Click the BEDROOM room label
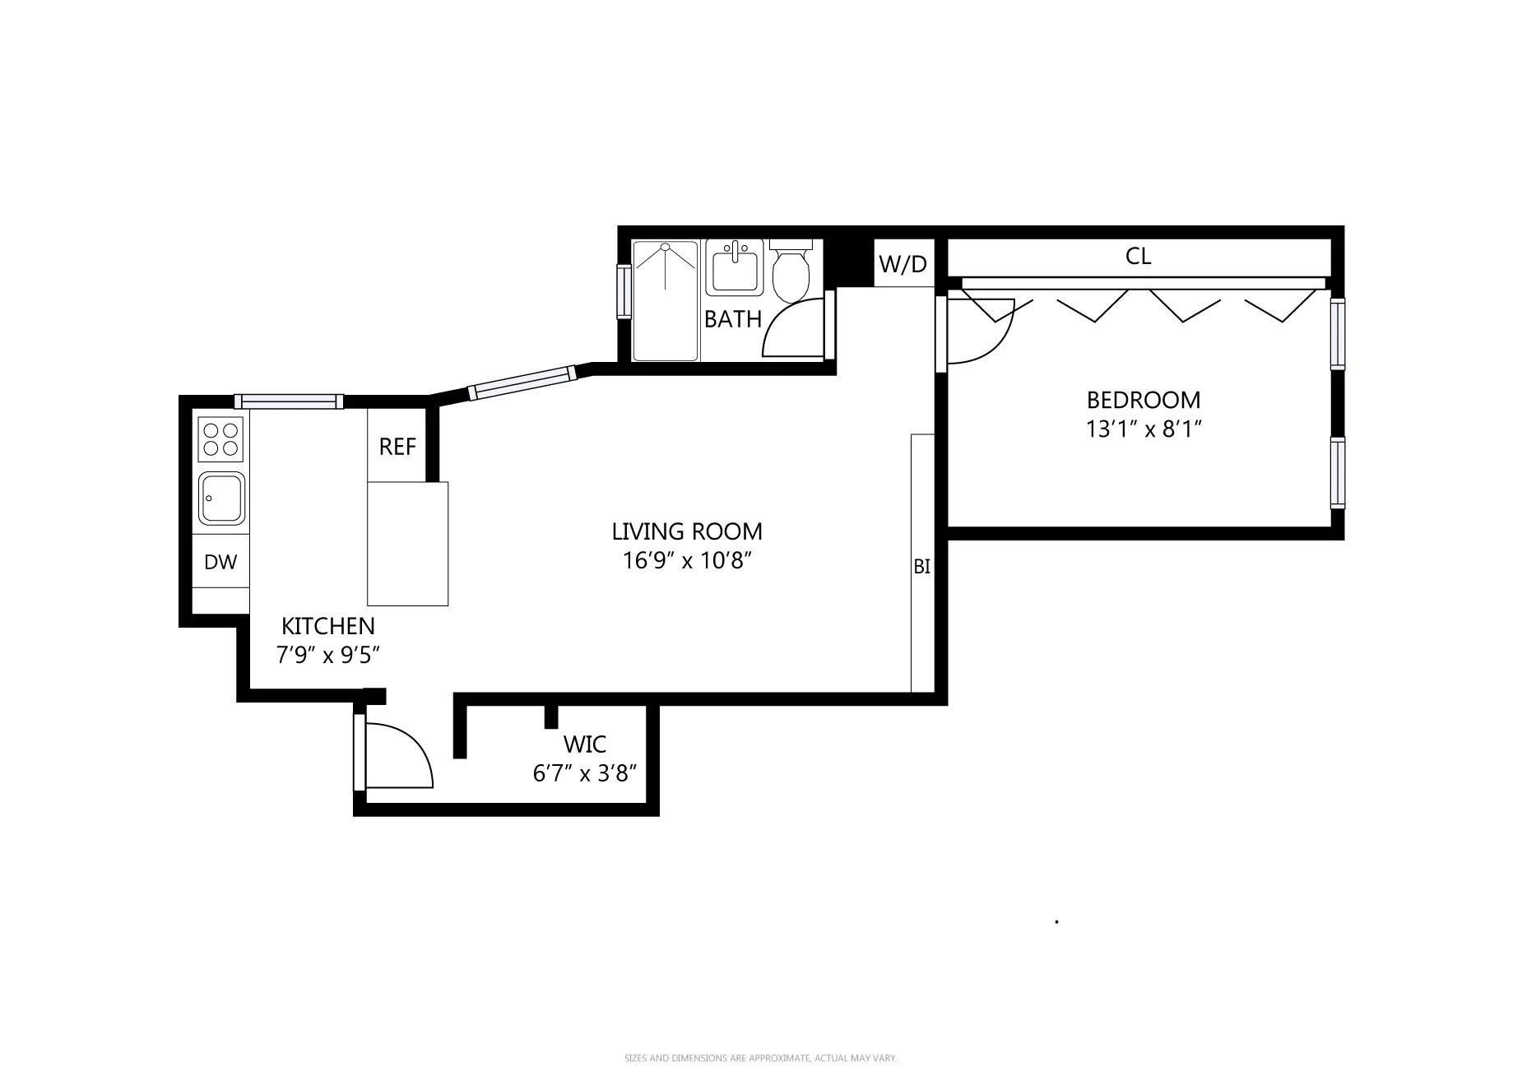1143,400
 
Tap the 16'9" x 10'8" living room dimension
687,561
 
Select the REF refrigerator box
397,446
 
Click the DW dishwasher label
220,562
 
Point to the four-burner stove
220,438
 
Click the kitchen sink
220,498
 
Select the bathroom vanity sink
734,267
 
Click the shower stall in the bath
666,300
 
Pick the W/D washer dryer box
903,264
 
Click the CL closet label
1138,257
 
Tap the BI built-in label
921,567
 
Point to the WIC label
585,744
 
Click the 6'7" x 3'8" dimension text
585,773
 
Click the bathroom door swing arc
793,329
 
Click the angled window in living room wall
522,383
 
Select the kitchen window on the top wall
288,401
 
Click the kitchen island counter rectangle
407,544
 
